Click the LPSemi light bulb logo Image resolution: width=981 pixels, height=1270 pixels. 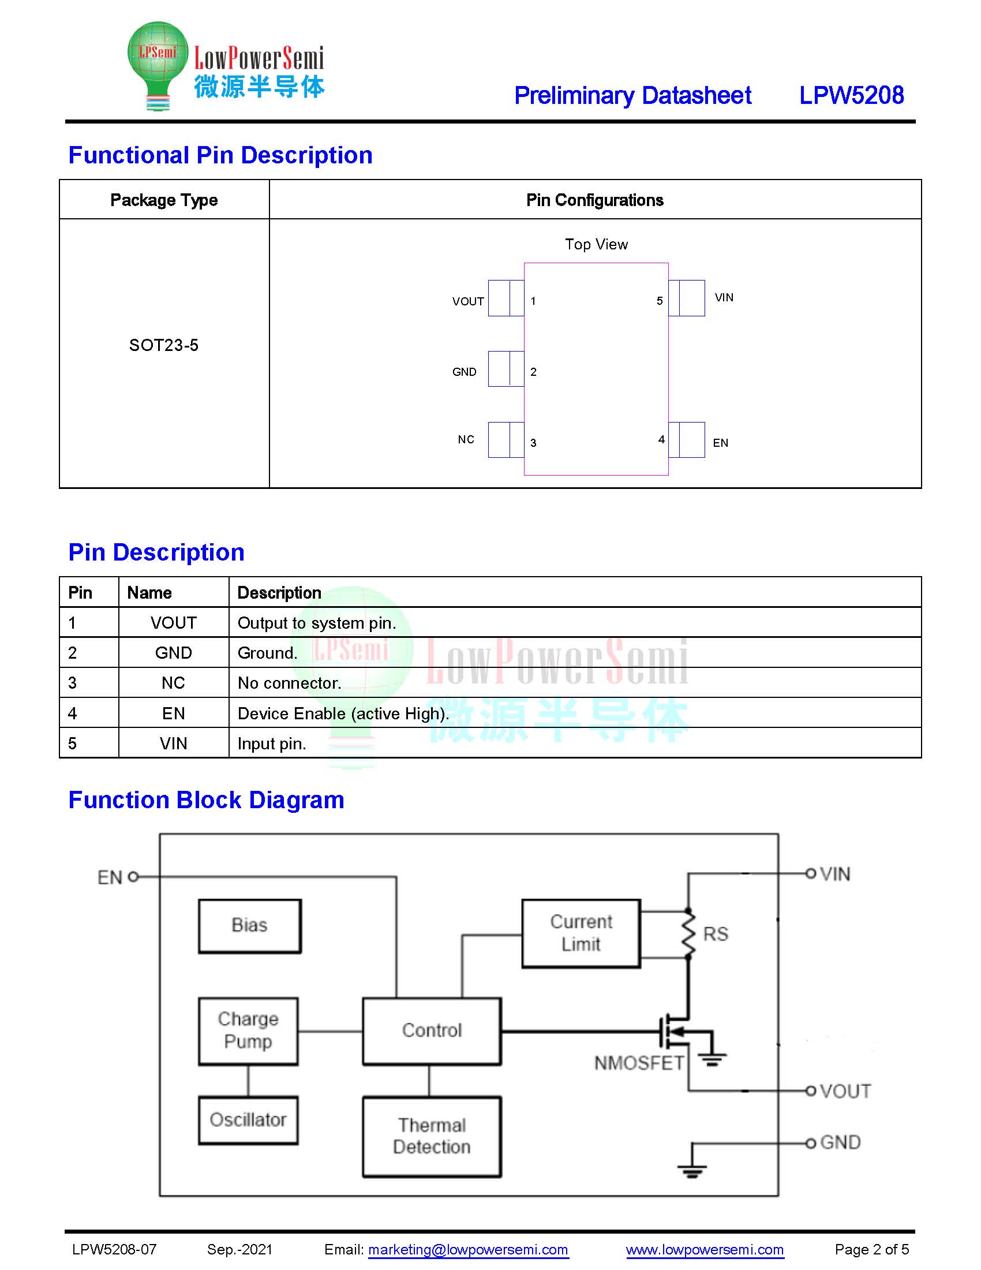[x=158, y=66]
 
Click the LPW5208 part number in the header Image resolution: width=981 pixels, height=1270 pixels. [x=851, y=95]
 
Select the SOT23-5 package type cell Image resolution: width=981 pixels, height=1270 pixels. [x=164, y=345]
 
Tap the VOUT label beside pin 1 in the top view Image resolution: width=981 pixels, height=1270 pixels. [x=468, y=301]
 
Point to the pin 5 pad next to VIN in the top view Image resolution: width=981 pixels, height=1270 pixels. [x=686, y=298]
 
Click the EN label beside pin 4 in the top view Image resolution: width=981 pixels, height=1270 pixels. [x=721, y=443]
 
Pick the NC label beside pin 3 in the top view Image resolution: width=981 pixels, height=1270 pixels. [x=466, y=440]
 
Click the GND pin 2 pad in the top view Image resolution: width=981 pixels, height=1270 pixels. [x=506, y=369]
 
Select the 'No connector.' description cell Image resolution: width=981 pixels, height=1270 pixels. [x=290, y=683]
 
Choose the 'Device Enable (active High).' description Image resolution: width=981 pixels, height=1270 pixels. [x=343, y=714]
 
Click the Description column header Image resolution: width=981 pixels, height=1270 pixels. [x=279, y=592]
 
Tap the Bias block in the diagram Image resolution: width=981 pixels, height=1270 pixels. [x=250, y=926]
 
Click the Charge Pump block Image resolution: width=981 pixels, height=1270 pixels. [x=248, y=1031]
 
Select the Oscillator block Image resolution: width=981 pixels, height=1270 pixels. [x=248, y=1120]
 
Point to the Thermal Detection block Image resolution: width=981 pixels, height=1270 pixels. [x=432, y=1136]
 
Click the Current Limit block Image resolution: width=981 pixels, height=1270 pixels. [x=581, y=933]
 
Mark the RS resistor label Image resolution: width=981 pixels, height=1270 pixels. [x=716, y=934]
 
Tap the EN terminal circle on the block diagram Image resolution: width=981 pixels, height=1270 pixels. [x=133, y=876]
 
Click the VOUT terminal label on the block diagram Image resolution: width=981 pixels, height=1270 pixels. [x=845, y=1091]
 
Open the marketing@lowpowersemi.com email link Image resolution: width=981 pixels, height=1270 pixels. [x=468, y=1249]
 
